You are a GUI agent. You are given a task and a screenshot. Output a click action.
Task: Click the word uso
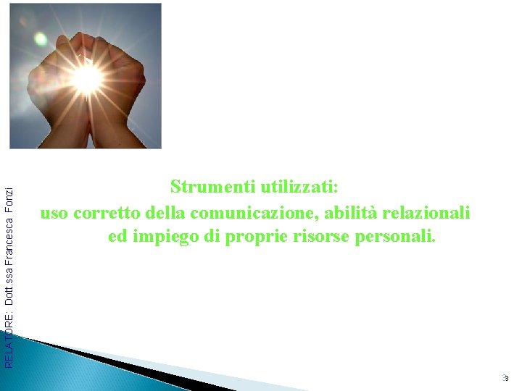[54, 214]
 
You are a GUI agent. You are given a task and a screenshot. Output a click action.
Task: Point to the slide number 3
[506, 378]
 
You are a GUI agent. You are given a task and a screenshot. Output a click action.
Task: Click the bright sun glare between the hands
[87, 78]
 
